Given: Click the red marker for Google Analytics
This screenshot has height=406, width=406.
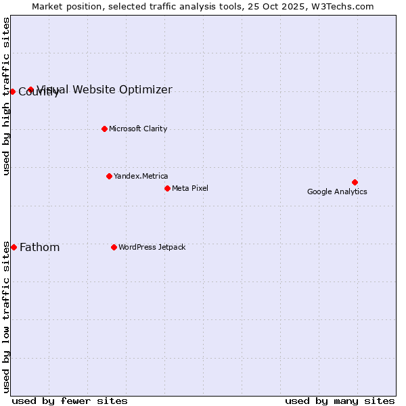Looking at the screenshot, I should tap(355, 182).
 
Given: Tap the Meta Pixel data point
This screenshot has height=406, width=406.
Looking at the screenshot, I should tap(167, 188).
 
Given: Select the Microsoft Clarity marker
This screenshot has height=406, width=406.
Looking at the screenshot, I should tap(104, 129).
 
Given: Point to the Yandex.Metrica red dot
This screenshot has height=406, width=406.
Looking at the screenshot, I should tap(109, 176).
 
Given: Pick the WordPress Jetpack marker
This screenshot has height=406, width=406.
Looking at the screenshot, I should tap(114, 247).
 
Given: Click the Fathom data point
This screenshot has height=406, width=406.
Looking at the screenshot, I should tap(14, 247).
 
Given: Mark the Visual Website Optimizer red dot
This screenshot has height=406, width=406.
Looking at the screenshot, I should tap(30, 89).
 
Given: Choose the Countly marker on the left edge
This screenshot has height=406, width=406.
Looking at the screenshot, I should tap(12, 91).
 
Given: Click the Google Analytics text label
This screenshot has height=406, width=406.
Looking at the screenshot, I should tap(337, 191).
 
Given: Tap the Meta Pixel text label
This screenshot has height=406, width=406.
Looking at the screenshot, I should tap(190, 188).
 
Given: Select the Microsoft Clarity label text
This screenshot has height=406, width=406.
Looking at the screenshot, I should tap(138, 129).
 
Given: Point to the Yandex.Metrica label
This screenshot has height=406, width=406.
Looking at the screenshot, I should tap(141, 176).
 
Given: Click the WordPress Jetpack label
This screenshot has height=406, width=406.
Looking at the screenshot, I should tap(152, 247).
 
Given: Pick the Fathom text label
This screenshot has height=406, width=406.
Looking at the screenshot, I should tap(39, 247).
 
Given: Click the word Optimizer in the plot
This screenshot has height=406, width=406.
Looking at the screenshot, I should tap(145, 89).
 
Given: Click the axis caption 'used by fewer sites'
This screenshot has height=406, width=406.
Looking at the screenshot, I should tap(70, 401).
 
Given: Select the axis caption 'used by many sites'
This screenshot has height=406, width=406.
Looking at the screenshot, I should tap(340, 401).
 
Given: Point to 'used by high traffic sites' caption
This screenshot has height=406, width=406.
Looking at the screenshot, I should tap(6, 96).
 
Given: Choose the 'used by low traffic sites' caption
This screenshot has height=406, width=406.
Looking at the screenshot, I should tap(6, 317).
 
